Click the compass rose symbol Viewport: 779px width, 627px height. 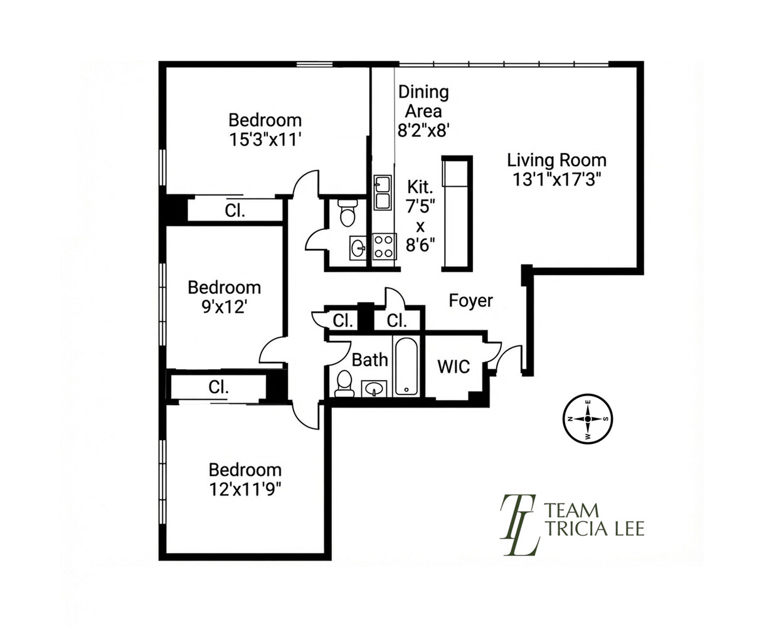tap(588, 419)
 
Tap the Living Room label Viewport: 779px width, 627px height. tap(556, 161)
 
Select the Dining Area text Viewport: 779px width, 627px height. tap(423, 102)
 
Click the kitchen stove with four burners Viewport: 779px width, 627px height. tap(384, 246)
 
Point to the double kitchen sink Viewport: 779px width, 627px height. tap(383, 192)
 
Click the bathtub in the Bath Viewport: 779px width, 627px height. tap(406, 366)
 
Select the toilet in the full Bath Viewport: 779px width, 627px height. tap(344, 384)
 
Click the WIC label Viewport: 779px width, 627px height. tap(453, 366)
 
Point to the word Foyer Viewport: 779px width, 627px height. tap(470, 300)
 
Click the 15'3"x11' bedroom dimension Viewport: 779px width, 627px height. tap(265, 139)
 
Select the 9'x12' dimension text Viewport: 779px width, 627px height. tap(225, 307)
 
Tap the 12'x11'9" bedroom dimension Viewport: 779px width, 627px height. tap(245, 490)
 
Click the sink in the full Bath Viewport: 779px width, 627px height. tap(374, 389)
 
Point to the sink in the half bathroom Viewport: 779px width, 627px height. tap(358, 248)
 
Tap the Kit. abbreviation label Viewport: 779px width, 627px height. tap(420, 187)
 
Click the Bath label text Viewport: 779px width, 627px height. tap(369, 360)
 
